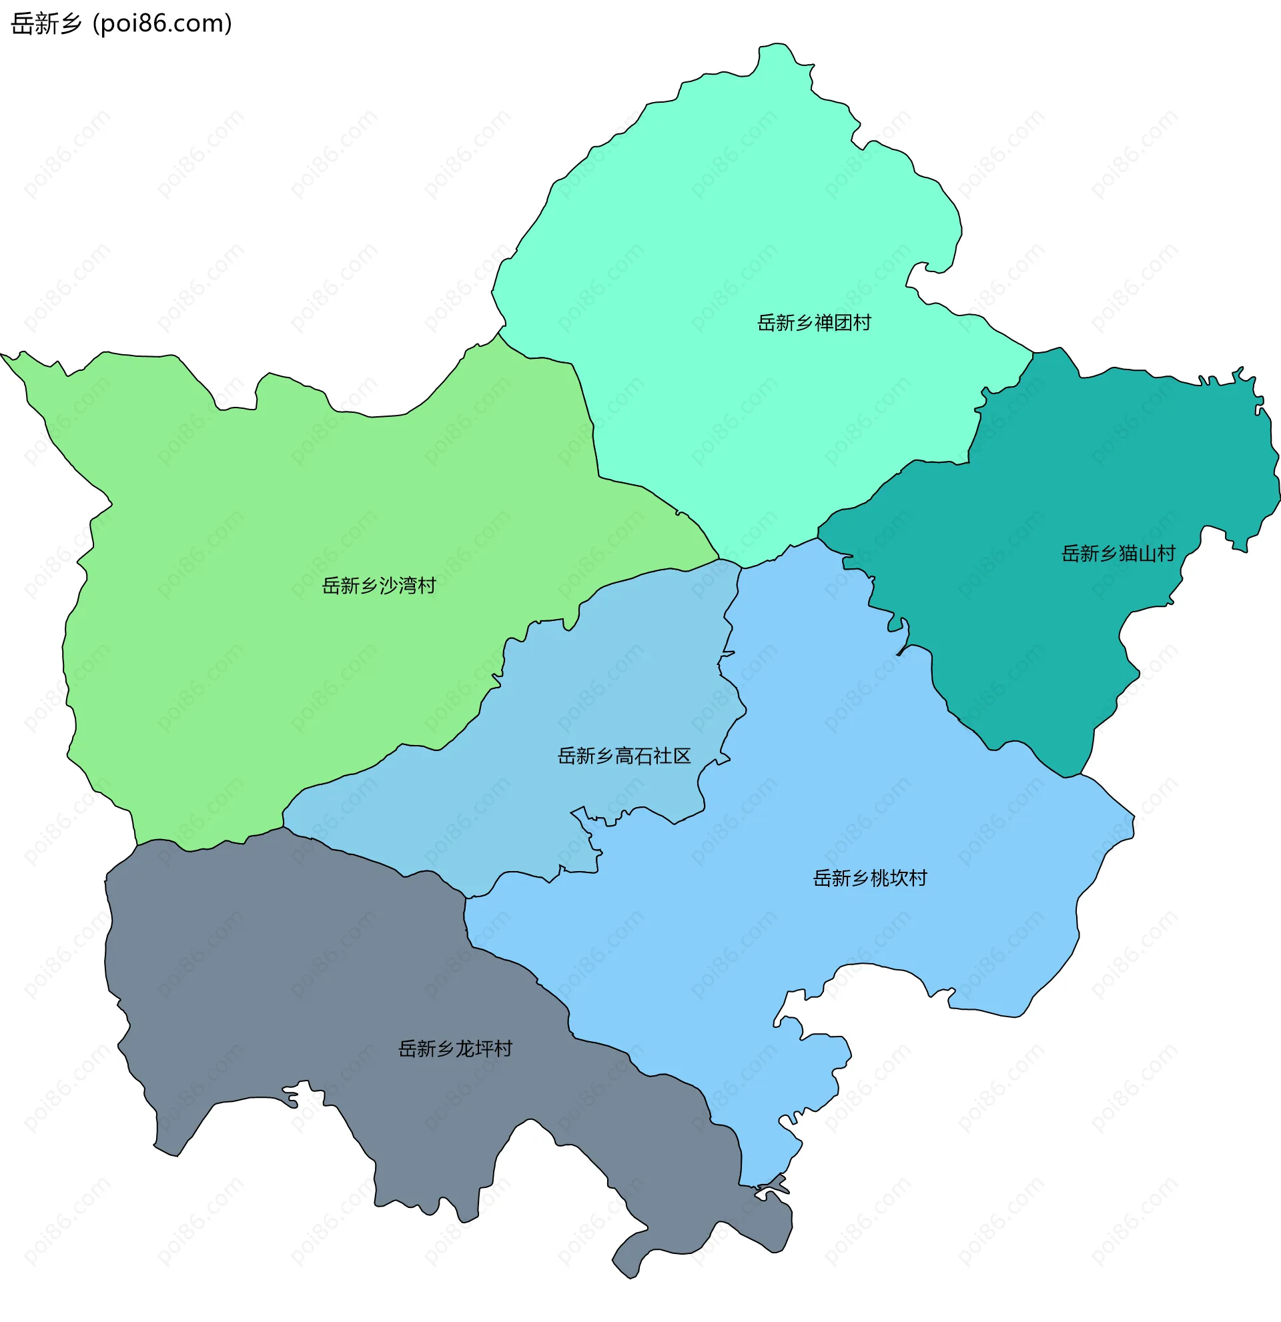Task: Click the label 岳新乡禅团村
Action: [813, 323]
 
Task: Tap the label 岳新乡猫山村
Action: [1118, 554]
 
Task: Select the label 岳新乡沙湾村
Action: [378, 586]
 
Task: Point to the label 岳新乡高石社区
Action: [624, 756]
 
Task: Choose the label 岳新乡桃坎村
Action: [869, 878]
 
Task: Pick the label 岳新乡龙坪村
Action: [455, 1049]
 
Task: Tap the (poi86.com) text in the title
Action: [163, 23]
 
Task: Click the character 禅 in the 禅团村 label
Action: [824, 323]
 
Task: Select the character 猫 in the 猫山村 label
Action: [1128, 554]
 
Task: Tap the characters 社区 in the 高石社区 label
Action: [672, 756]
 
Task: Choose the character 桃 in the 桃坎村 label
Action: [879, 878]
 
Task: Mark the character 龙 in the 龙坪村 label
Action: [466, 1049]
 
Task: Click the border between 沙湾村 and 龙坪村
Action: [209, 846]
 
